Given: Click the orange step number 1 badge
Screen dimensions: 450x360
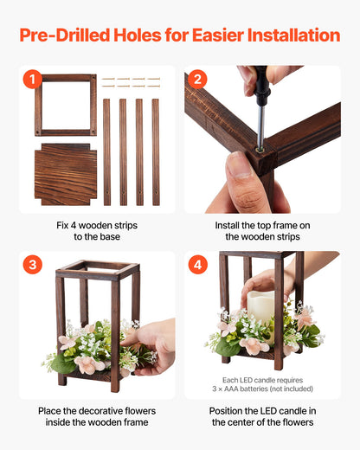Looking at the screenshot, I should (x=32, y=80).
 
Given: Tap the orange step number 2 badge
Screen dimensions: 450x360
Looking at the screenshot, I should (x=197, y=80).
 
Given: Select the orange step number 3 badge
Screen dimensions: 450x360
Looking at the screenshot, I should (x=32, y=265).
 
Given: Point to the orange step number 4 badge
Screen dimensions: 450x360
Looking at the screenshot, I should (x=197, y=265).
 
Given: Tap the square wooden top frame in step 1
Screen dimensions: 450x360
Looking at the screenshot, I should (x=66, y=105).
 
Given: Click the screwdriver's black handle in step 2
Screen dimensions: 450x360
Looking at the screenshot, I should (x=260, y=80).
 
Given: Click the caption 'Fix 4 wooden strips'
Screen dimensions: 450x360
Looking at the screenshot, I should (x=93, y=225).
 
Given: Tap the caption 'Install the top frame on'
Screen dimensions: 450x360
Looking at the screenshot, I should (x=262, y=225).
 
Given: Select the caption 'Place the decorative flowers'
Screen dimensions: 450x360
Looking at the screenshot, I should (x=93, y=409).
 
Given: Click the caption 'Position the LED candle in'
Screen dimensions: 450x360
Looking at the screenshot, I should (x=262, y=409).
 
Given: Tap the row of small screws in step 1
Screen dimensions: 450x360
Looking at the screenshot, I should (x=131, y=82).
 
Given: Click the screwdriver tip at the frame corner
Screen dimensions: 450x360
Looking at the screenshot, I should (x=258, y=146).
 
